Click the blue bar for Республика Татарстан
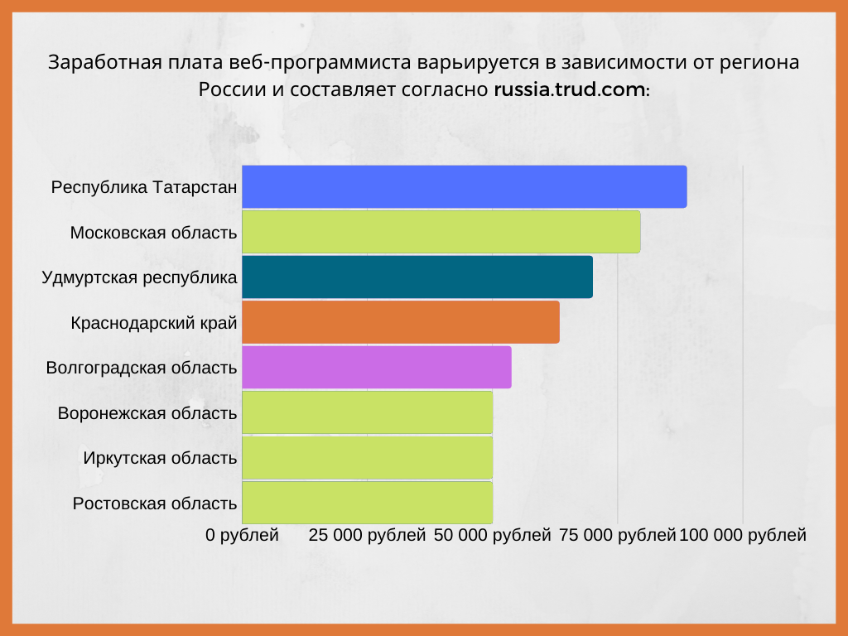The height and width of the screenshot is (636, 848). click(464, 186)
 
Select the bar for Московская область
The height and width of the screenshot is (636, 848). click(441, 232)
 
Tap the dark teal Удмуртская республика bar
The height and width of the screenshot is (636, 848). click(417, 277)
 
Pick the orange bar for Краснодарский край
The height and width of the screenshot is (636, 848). click(400, 322)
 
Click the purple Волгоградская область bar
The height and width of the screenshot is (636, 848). click(376, 367)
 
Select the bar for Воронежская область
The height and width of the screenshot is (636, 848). click(367, 412)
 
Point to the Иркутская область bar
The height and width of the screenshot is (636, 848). click(367, 457)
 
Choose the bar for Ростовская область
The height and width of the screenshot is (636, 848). click(367, 502)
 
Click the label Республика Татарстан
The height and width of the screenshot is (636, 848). click(144, 187)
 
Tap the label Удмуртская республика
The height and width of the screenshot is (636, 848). click(139, 277)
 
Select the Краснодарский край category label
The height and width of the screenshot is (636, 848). click(154, 323)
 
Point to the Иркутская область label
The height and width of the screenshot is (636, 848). click(160, 458)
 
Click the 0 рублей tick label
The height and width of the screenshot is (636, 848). click(242, 535)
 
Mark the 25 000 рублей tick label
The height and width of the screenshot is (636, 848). click(367, 535)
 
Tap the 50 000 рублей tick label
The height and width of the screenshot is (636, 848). click(492, 535)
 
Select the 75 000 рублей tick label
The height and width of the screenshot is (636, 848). click(618, 535)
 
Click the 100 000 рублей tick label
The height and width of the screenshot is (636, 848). click(743, 535)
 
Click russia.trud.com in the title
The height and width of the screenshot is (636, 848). click(571, 89)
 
